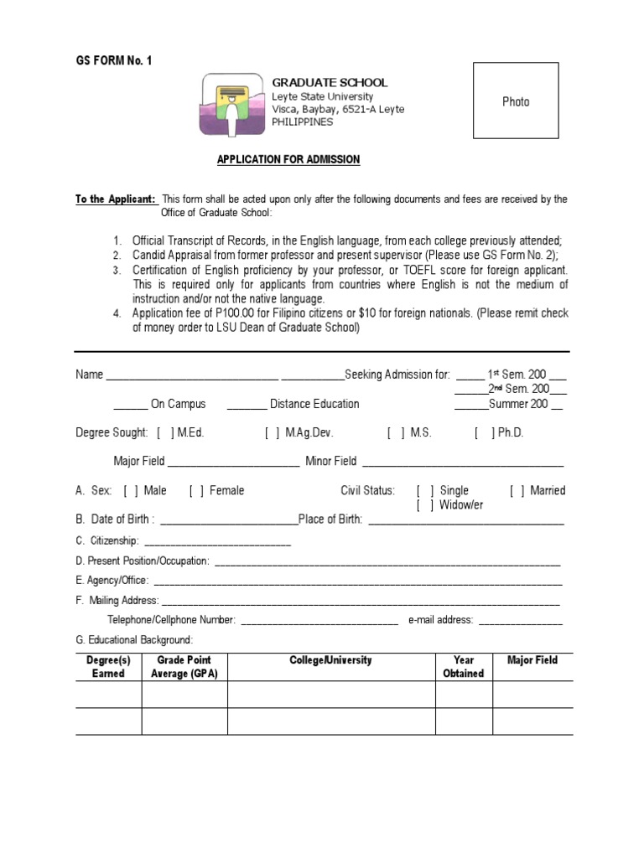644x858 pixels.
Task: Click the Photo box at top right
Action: coord(516,101)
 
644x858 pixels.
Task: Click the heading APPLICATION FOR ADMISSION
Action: coord(288,159)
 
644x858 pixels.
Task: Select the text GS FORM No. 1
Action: coord(114,60)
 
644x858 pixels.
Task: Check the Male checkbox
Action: coord(131,491)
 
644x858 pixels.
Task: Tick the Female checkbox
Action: coord(196,491)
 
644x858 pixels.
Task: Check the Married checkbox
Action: coord(517,491)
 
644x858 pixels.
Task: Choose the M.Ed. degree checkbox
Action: coord(164,433)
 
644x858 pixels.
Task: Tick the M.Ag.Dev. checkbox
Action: coord(273,433)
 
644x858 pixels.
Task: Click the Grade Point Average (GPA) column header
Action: coord(184,667)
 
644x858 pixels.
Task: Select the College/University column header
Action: coord(330,660)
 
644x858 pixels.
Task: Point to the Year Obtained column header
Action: coord(464,667)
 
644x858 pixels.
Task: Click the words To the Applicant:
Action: coord(116,199)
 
